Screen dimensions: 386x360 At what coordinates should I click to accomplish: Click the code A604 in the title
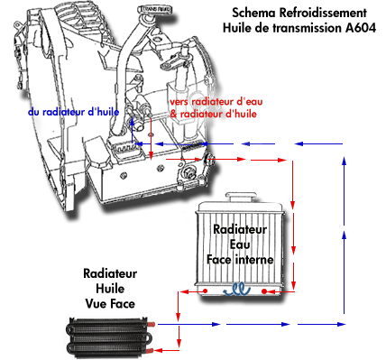tap(361, 28)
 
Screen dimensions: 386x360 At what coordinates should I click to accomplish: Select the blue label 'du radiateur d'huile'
tap(73, 112)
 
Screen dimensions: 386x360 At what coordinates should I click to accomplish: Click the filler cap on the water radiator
tap(242, 197)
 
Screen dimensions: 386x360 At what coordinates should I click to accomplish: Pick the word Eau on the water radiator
tap(240, 245)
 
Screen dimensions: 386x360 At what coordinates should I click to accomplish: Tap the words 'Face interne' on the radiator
tap(240, 259)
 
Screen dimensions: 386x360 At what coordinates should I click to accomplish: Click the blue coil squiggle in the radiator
tap(237, 291)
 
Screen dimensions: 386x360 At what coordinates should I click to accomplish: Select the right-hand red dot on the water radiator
tap(264, 291)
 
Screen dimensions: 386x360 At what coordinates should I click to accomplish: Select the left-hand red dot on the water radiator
tap(206, 291)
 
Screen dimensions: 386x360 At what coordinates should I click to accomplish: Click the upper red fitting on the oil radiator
tap(151, 324)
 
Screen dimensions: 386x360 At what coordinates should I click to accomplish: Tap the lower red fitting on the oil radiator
tap(151, 351)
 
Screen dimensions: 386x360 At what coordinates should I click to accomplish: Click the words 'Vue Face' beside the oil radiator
tap(110, 303)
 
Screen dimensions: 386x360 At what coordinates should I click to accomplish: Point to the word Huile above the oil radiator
tap(110, 289)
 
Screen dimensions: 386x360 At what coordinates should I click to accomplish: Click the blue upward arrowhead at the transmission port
tap(132, 122)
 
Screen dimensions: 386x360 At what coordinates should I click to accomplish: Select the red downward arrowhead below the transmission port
tap(152, 155)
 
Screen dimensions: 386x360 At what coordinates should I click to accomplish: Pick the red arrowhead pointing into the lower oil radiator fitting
tap(159, 350)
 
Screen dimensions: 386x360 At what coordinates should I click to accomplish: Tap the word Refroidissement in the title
tap(323, 13)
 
